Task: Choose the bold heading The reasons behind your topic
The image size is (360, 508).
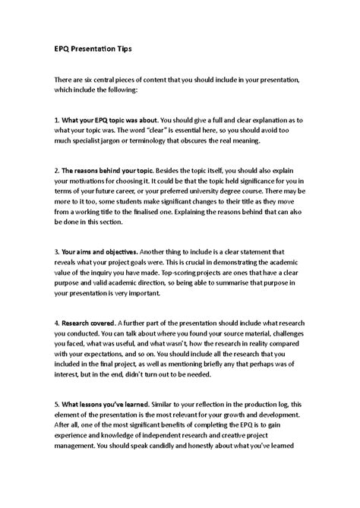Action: [x=94, y=174]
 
